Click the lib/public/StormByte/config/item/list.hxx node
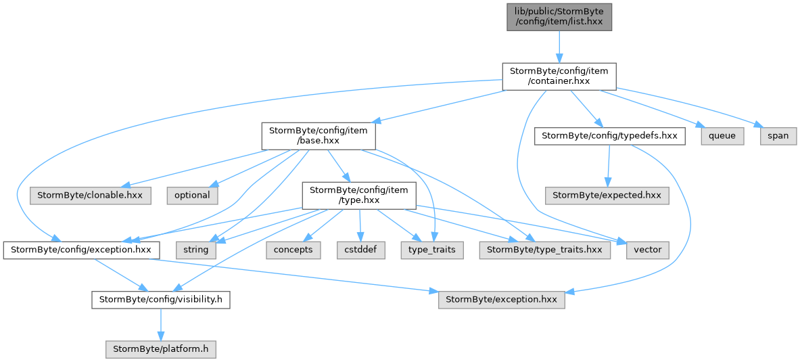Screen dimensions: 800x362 point(559,17)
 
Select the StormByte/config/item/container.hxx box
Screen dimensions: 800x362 point(559,76)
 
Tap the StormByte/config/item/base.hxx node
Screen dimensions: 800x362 point(319,136)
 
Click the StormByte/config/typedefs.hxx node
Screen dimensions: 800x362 point(610,136)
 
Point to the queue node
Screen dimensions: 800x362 point(722,136)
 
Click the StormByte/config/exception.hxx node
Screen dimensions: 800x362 point(82,250)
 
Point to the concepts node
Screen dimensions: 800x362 point(293,250)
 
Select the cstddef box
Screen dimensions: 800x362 point(360,250)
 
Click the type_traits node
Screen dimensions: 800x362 point(432,250)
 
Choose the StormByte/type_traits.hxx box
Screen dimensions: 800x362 point(544,250)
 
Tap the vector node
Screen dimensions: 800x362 point(647,250)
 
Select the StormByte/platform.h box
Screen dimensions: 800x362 point(161,349)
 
